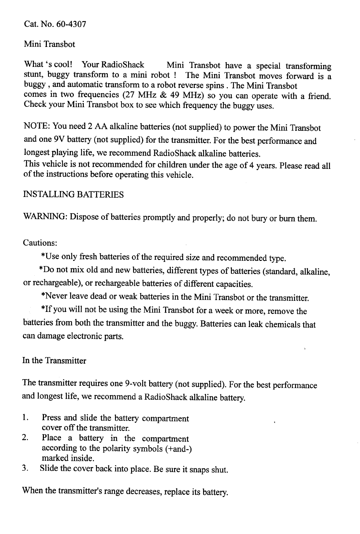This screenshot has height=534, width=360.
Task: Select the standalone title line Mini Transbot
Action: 49,44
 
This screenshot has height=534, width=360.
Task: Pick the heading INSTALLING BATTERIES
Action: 73,195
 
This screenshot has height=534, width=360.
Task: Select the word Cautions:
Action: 40,243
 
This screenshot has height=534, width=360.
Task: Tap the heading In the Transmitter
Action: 54,361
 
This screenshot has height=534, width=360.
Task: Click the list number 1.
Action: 25,418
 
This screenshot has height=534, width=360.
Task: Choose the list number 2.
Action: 25,438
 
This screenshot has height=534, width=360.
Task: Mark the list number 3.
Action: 25,469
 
